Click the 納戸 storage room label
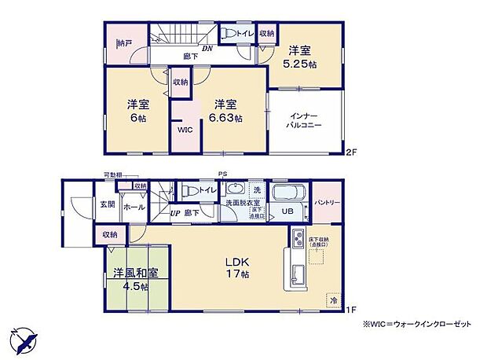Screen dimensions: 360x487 click(x=123, y=42)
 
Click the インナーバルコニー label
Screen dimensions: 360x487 click(x=306, y=120)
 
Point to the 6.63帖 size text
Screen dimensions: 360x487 click(x=225, y=118)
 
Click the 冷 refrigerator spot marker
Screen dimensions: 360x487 click(x=333, y=299)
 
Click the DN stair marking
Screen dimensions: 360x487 click(x=207, y=48)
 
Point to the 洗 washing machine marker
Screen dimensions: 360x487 click(x=256, y=190)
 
